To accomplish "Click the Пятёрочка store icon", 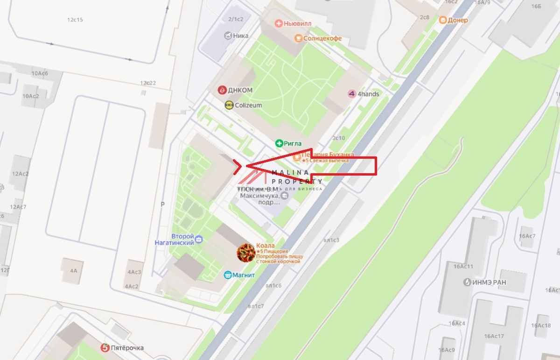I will point(105,348).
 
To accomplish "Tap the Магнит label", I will point(244,275).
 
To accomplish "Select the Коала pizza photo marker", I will point(246,253).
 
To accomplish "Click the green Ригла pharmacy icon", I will point(279,143).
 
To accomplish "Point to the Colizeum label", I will point(248,106).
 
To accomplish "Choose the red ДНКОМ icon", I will point(222,90).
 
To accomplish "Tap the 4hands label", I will point(368,94).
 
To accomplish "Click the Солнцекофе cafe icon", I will point(298,38).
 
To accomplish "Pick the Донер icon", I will point(442,20).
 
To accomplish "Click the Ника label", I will point(241,35).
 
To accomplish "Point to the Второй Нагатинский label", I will point(175,240).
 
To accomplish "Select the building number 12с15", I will point(75,20).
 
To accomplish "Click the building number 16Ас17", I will point(494,336).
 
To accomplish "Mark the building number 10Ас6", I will point(40,73).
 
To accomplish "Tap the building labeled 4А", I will point(73,270).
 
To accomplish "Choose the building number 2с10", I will point(338,138).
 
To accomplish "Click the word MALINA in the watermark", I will point(290,172).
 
